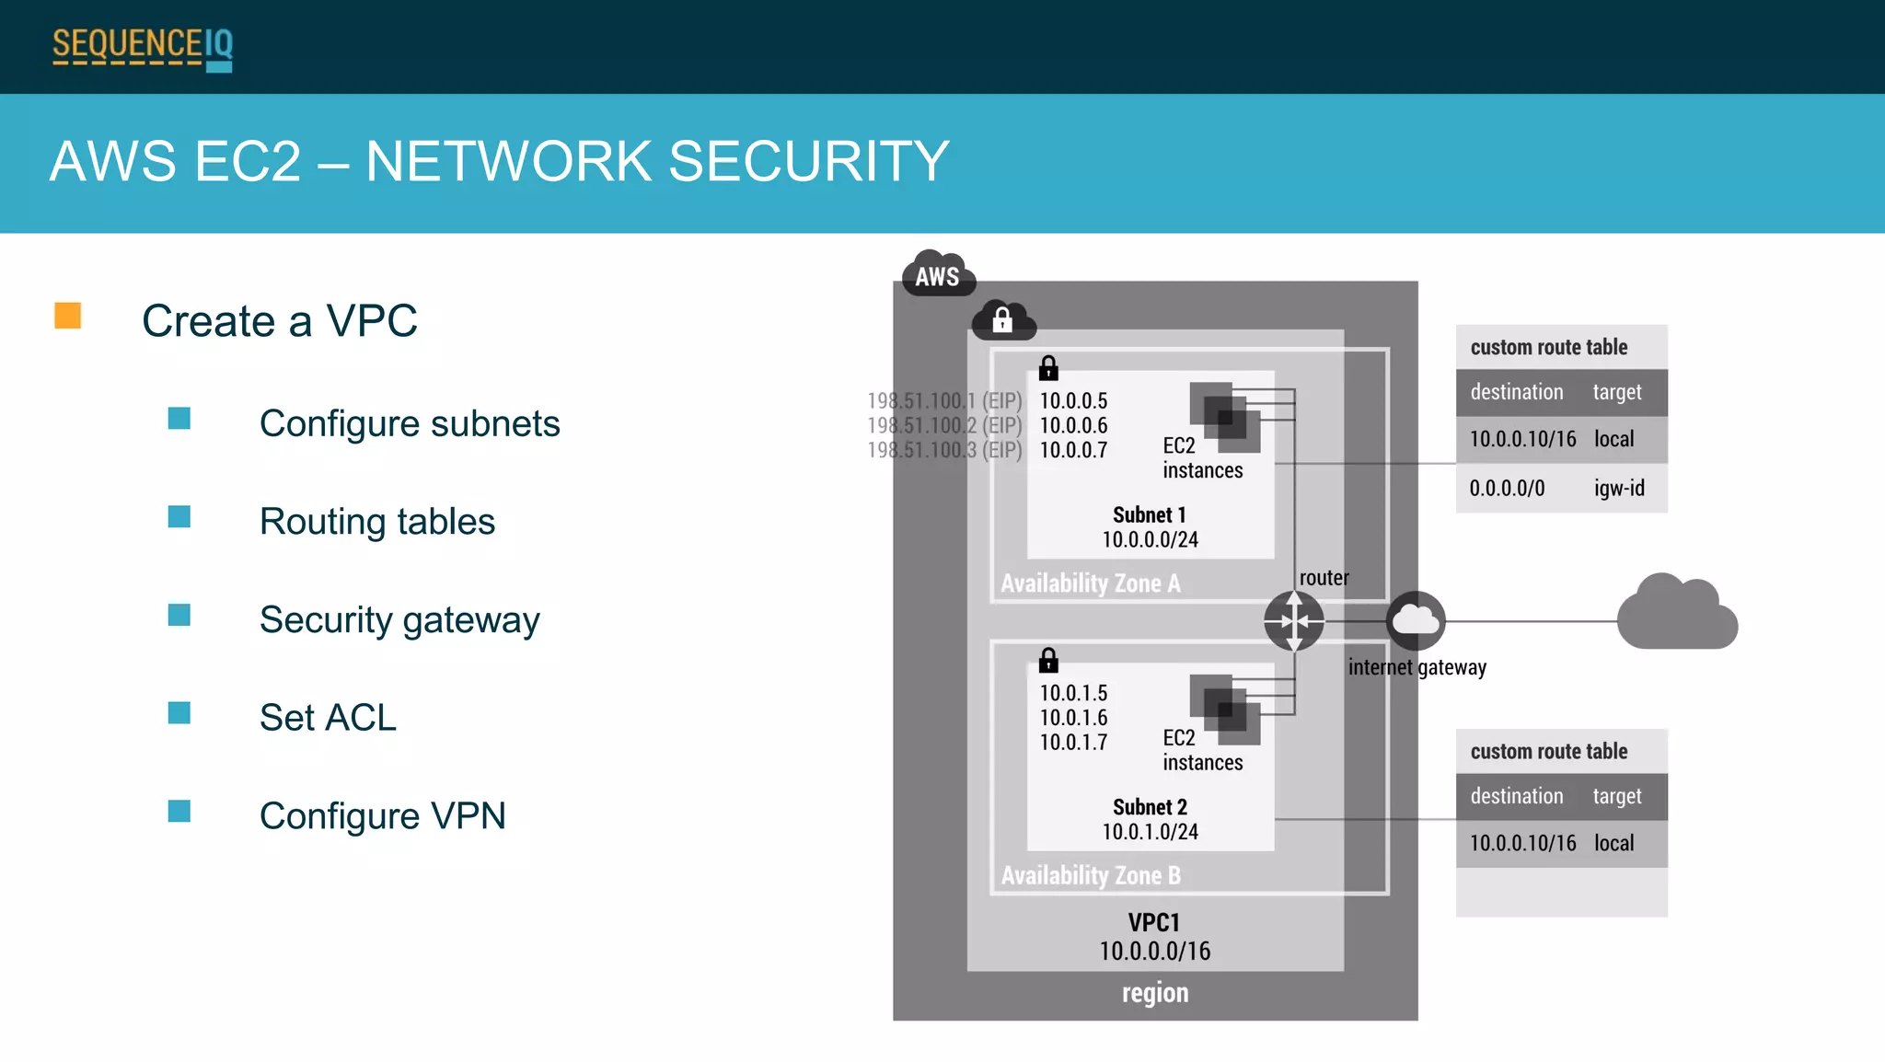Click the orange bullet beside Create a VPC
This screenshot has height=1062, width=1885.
[68, 316]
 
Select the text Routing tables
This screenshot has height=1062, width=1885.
[376, 522]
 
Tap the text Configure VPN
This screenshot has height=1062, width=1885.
[382, 816]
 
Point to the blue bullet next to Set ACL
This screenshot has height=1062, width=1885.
[179, 713]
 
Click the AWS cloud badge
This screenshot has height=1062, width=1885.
[937, 274]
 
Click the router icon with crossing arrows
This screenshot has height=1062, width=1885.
[1293, 621]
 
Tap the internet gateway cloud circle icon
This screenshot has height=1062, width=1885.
[1415, 621]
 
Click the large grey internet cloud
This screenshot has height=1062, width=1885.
[1677, 614]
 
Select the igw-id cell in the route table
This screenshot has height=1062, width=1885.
[1619, 489]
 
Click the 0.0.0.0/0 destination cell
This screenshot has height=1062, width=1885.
[1507, 489]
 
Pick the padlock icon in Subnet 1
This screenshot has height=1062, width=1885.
[1048, 368]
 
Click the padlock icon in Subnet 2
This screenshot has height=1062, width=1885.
[1048, 660]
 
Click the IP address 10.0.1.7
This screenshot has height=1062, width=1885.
[1073, 743]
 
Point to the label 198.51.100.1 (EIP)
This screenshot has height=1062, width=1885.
[944, 401]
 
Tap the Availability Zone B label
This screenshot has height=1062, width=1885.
[1091, 875]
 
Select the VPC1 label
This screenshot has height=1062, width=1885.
[1153, 923]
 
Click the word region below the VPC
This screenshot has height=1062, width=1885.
[1154, 993]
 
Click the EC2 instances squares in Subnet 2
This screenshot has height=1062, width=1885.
[1224, 710]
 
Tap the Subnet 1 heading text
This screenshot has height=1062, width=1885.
[1149, 515]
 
